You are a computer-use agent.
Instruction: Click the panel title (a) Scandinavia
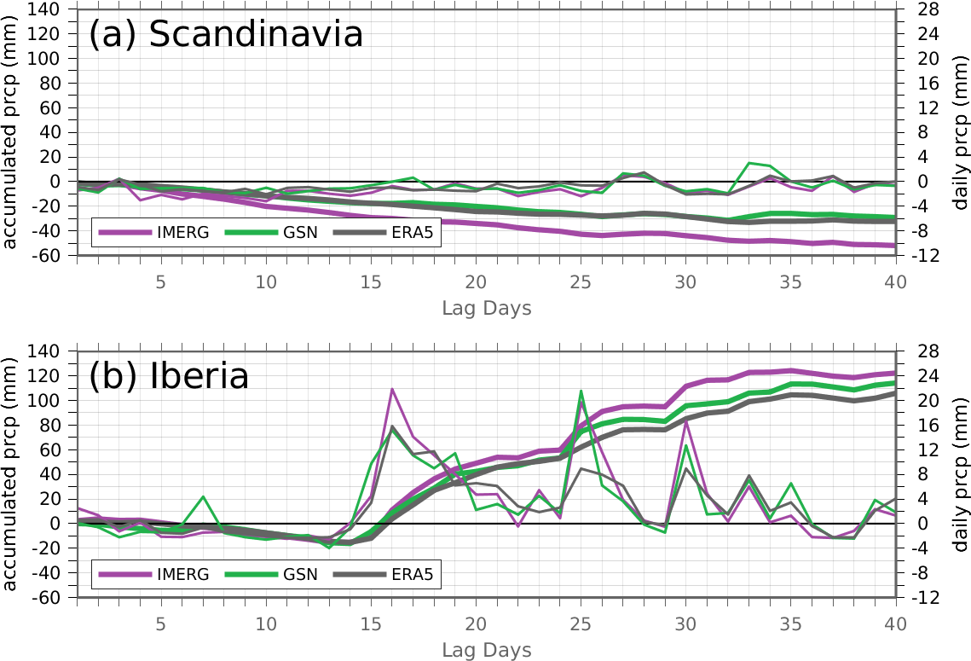pyautogui.click(x=225, y=33)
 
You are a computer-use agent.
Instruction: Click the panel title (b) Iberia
pyautogui.click(x=169, y=375)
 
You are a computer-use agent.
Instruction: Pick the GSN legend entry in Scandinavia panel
pyautogui.click(x=271, y=232)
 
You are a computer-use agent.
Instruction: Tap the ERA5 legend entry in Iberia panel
pyautogui.click(x=384, y=574)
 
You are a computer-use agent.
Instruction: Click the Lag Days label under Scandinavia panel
pyautogui.click(x=487, y=308)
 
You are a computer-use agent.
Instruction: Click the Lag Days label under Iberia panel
pyautogui.click(x=487, y=650)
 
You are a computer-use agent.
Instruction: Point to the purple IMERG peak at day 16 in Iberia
pyautogui.click(x=392, y=389)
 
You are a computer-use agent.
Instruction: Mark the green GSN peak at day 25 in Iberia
pyautogui.click(x=581, y=391)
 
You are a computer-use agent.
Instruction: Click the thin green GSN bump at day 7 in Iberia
pyautogui.click(x=203, y=497)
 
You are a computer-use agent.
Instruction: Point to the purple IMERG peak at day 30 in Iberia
pyautogui.click(x=685, y=420)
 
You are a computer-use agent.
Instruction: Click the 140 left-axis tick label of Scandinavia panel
pyautogui.click(x=43, y=9)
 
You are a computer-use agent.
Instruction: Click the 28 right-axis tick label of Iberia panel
pyautogui.click(x=928, y=352)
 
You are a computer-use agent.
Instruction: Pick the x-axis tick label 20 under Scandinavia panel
pyautogui.click(x=477, y=281)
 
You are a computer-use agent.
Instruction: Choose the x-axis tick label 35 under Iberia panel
pyautogui.click(x=791, y=623)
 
